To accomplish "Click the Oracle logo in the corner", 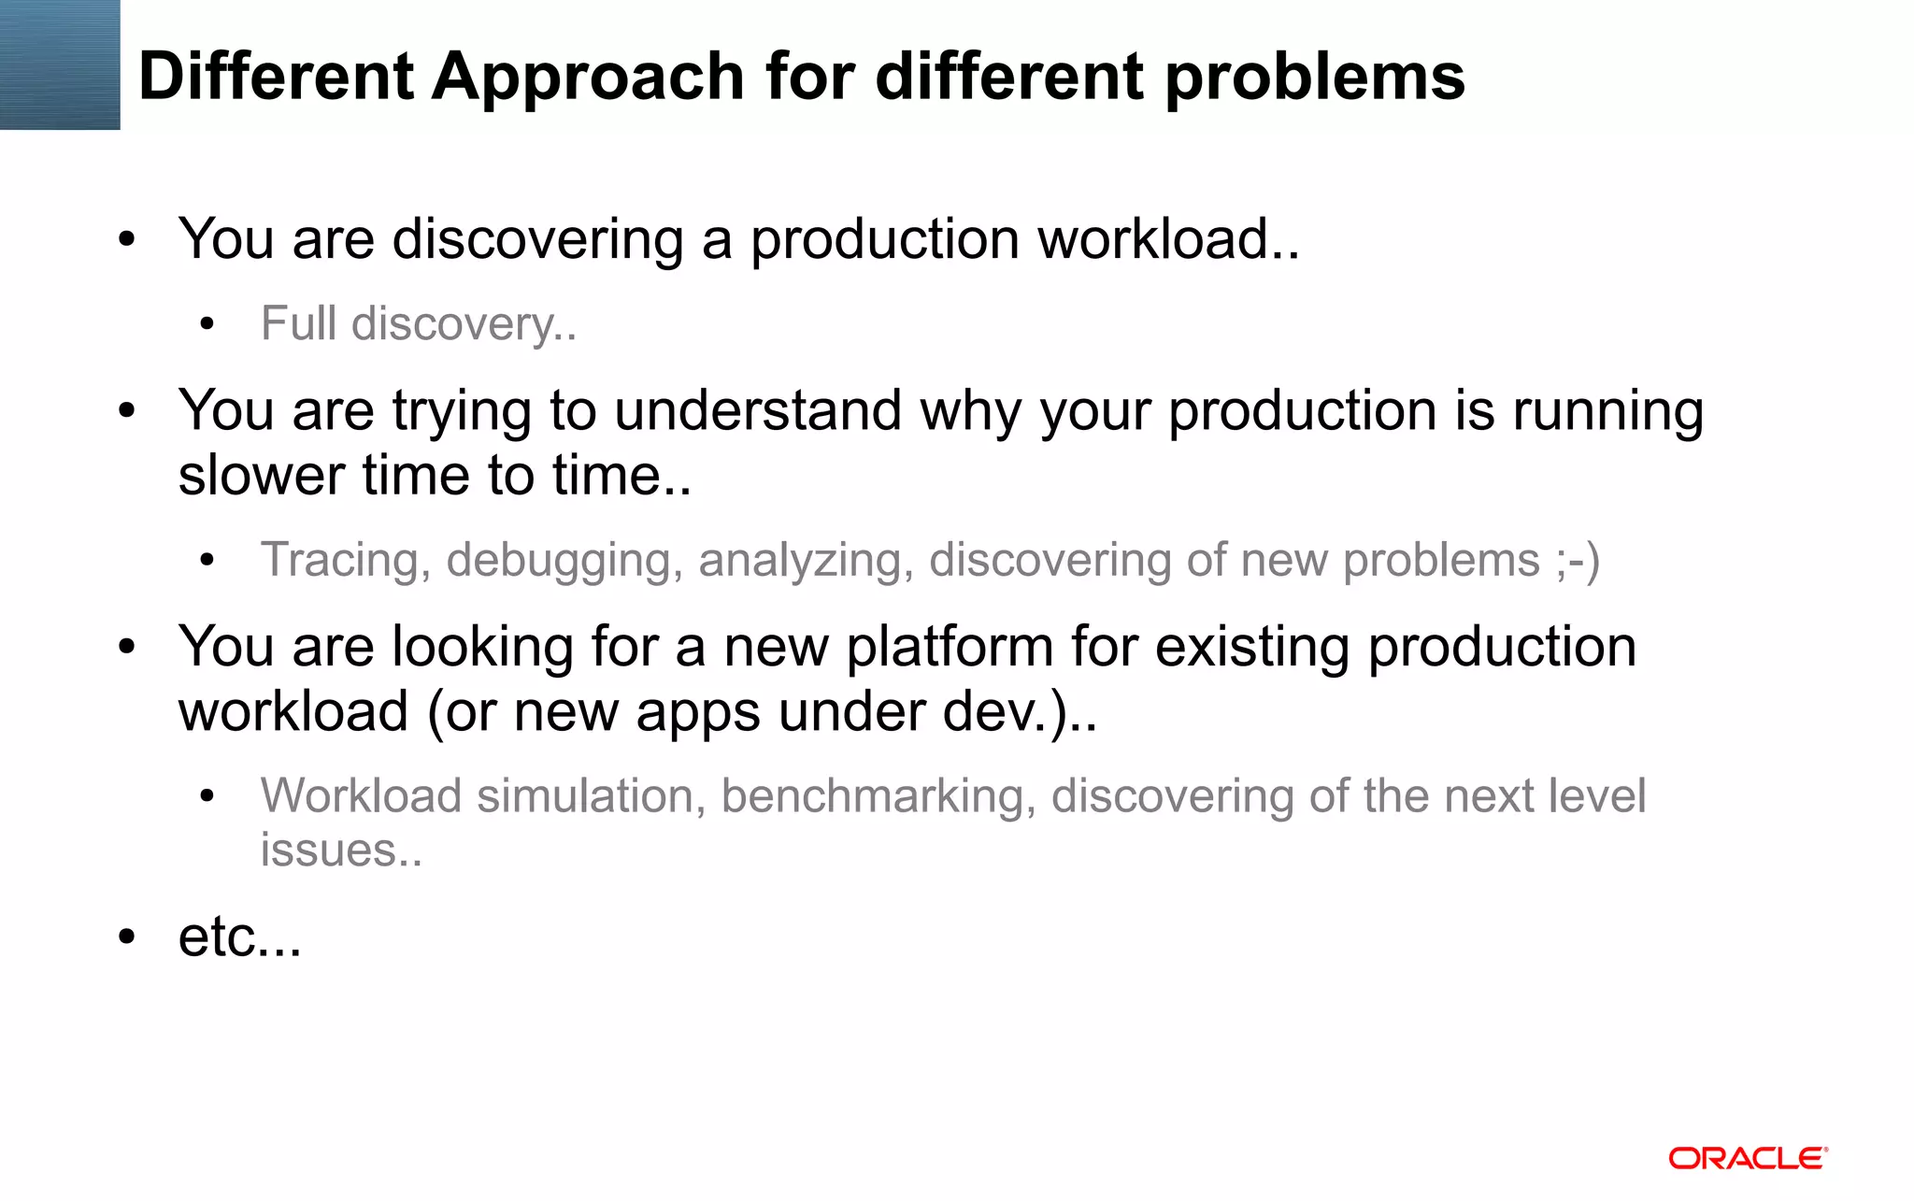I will point(1748,1159).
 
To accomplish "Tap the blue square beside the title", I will point(60,64).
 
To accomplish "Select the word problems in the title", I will point(1315,77).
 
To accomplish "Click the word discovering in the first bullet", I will point(537,239).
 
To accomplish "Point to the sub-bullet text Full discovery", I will point(418,324).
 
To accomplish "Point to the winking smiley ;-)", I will point(1578,561).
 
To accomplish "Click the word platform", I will point(950,647).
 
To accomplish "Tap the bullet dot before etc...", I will point(127,936).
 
